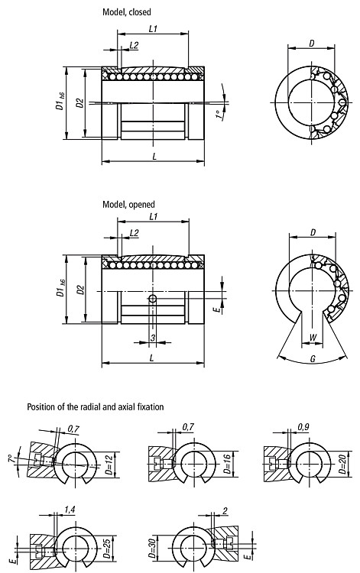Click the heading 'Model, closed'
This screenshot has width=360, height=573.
(126, 12)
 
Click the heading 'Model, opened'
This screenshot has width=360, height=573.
(128, 204)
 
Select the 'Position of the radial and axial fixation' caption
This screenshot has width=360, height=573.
(96, 406)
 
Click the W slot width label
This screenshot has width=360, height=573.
(313, 338)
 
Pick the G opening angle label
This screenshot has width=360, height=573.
(313, 359)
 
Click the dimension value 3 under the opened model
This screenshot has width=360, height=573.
(153, 338)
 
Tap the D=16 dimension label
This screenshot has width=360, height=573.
(227, 465)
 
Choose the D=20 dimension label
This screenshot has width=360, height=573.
(342, 465)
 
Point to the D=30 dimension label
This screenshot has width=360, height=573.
(151, 547)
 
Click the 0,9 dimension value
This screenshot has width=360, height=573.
(303, 426)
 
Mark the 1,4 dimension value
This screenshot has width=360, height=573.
(70, 510)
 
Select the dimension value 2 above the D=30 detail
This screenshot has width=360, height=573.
(225, 510)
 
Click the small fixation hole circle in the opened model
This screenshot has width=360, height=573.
(153, 299)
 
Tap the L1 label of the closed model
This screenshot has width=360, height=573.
(153, 29)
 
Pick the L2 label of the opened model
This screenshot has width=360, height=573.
(134, 233)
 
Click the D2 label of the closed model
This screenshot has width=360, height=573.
(80, 103)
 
